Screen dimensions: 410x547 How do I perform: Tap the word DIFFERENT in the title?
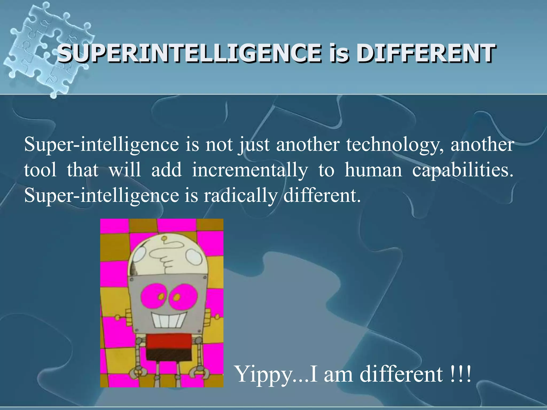tap(426, 54)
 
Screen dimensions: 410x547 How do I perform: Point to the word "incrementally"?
tap(250, 170)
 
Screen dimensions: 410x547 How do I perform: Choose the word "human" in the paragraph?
tap(373, 170)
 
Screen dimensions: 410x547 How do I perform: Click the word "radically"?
tap(241, 196)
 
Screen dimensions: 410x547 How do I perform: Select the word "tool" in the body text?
tap(40, 170)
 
